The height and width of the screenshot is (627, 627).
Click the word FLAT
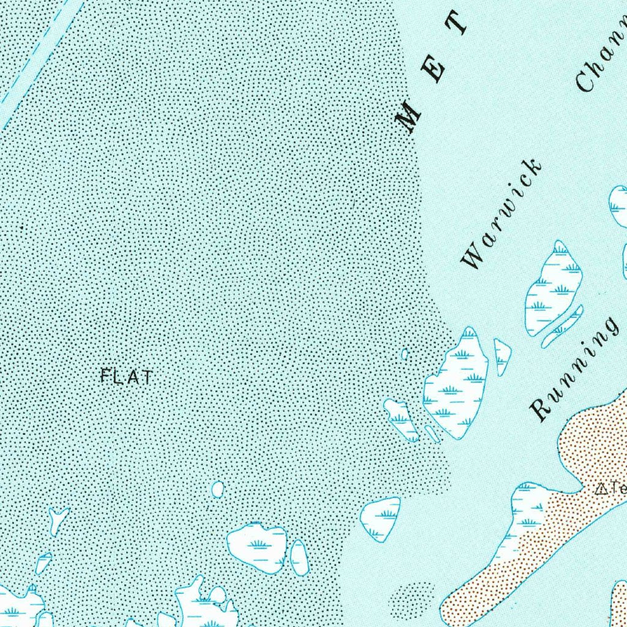click(126, 376)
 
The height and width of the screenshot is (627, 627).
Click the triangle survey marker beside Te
click(601, 489)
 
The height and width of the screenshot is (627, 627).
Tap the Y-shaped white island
click(58, 518)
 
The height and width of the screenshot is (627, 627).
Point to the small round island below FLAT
click(217, 489)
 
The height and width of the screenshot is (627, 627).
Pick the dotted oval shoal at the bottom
click(411, 598)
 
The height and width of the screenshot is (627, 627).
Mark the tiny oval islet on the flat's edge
click(404, 354)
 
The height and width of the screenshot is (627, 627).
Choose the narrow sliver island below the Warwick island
click(562, 327)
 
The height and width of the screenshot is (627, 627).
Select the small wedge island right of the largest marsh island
click(501, 356)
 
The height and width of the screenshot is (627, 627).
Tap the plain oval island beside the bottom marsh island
click(299, 557)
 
